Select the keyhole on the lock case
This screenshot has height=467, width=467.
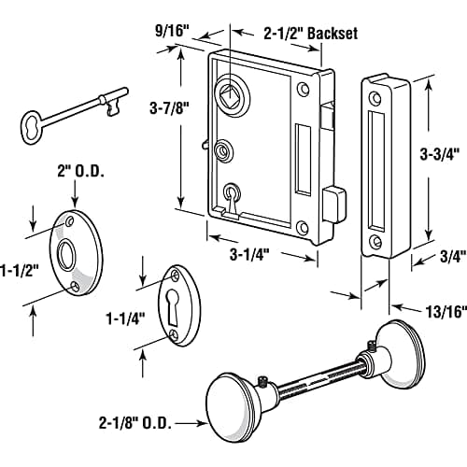click(x=231, y=192)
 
